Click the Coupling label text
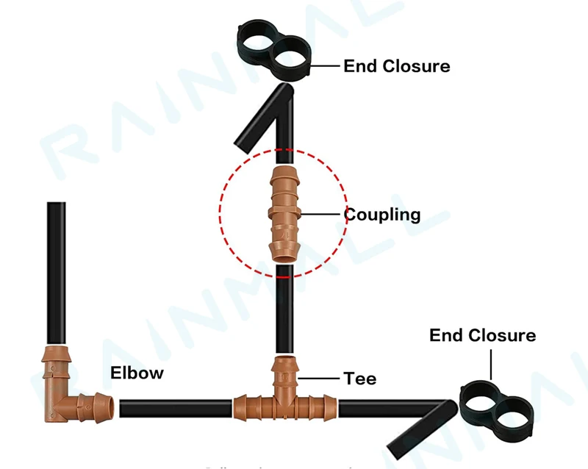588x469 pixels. [382, 215]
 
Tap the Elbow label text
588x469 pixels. [137, 373]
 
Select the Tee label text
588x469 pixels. [360, 379]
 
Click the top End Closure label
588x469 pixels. [396, 66]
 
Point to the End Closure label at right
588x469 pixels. [482, 336]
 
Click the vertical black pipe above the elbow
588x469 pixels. [56, 272]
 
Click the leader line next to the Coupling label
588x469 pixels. [321, 214]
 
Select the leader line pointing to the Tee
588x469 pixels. [320, 379]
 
